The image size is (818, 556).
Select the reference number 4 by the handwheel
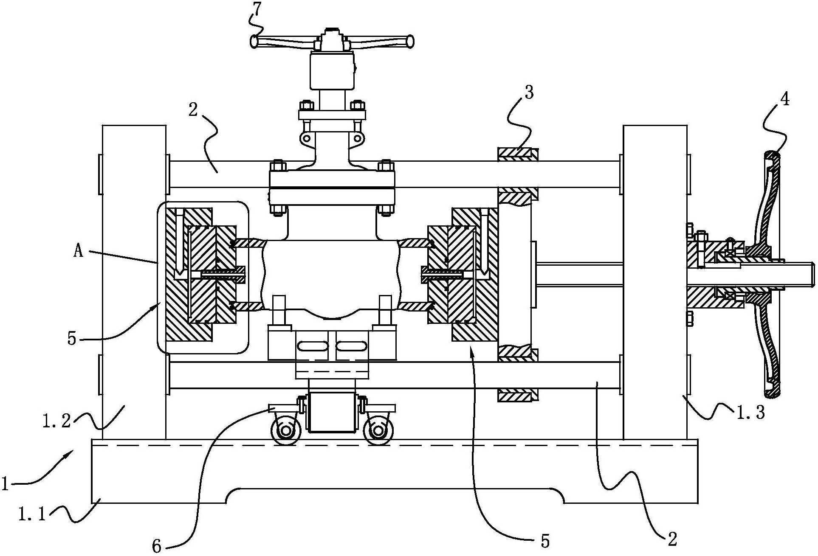(785, 99)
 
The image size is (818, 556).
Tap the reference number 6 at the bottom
(157, 547)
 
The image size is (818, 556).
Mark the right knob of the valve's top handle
(409, 42)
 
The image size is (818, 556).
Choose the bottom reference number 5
(545, 541)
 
